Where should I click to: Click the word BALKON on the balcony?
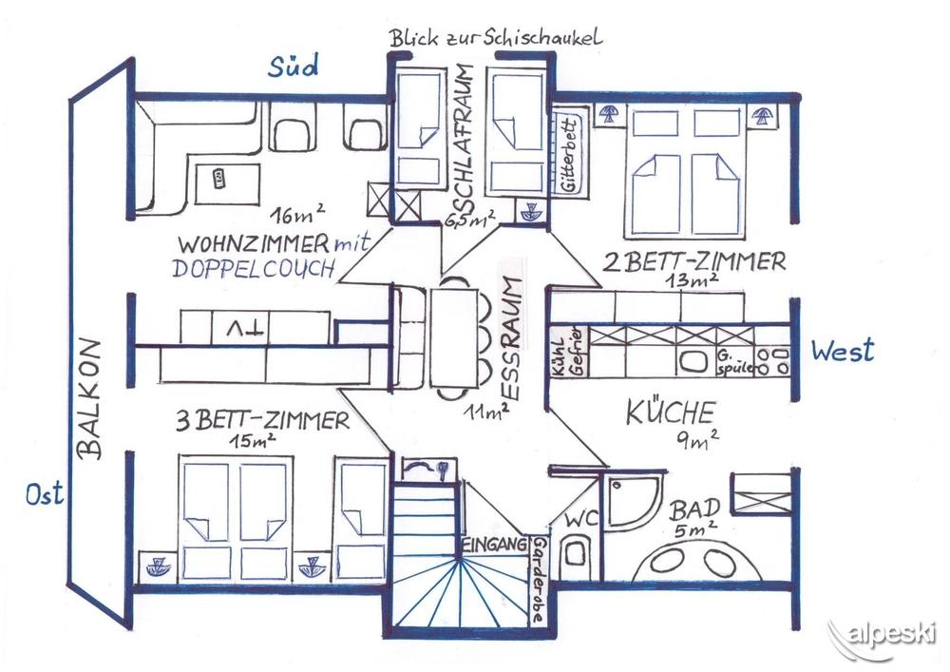tap(90, 398)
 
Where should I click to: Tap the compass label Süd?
tap(294, 66)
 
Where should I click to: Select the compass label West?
tap(843, 350)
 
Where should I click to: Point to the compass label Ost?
tap(45, 494)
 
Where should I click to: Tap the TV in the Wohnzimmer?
tap(240, 328)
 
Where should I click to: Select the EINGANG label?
tap(494, 544)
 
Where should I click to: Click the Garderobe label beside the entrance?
tap(538, 580)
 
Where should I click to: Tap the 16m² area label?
tap(297, 213)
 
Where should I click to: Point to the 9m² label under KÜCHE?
tap(696, 440)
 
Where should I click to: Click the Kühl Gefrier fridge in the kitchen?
tap(568, 352)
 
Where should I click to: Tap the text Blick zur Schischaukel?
tap(496, 39)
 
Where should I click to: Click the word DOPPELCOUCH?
tap(254, 268)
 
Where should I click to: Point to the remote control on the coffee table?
tap(218, 178)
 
